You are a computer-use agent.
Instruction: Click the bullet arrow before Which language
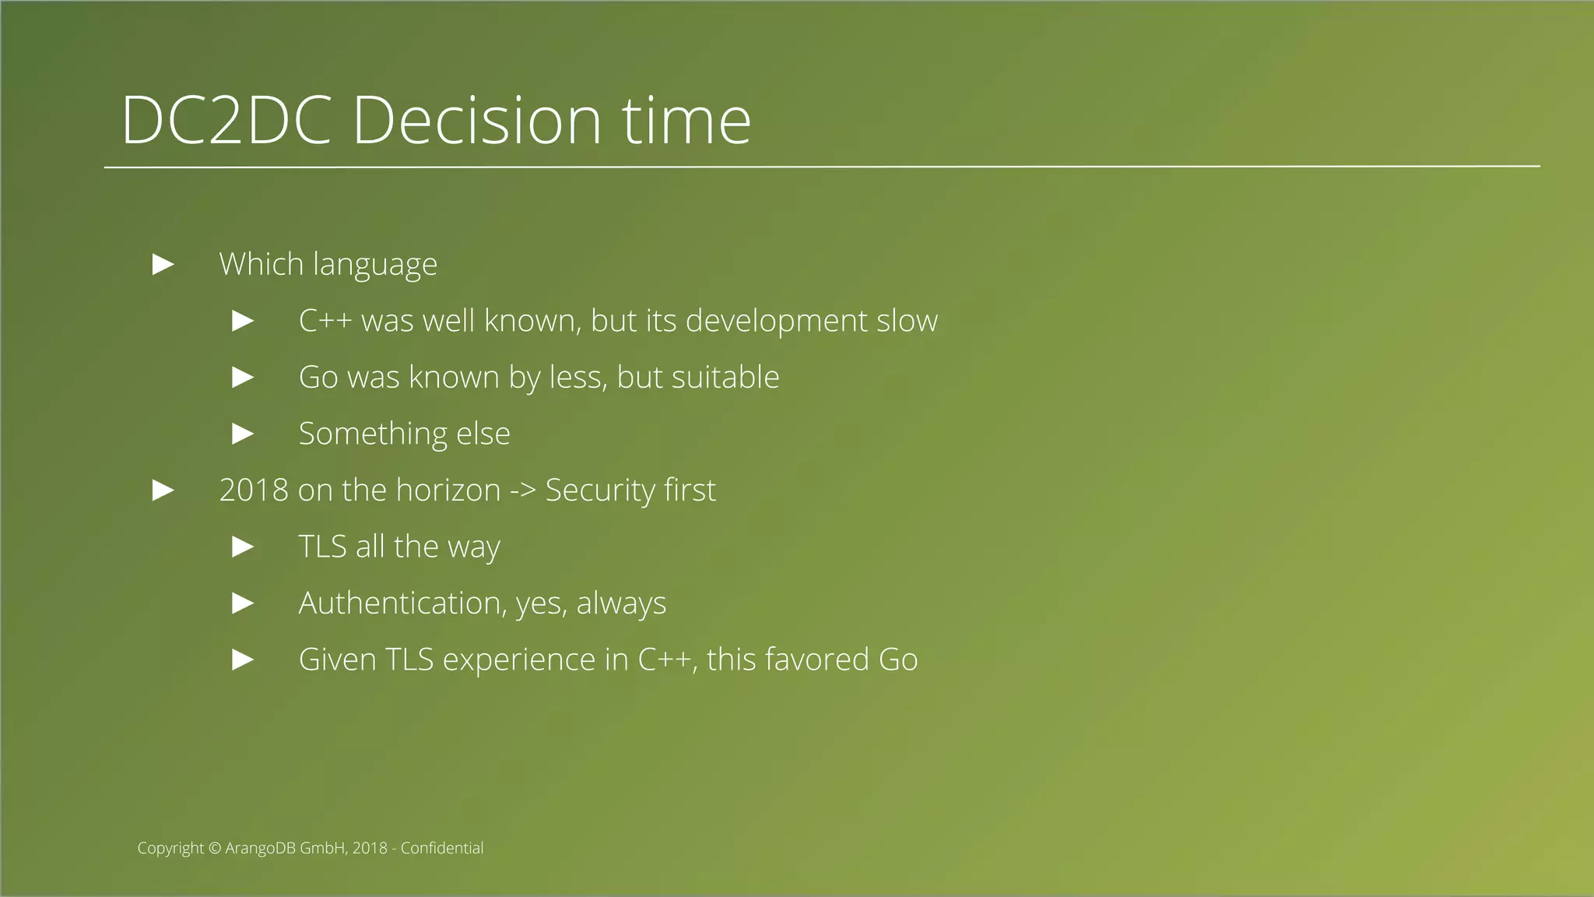(x=163, y=264)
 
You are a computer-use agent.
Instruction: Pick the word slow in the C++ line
(x=907, y=321)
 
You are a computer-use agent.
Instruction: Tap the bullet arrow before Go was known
(x=244, y=378)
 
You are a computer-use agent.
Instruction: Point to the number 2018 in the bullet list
(x=254, y=490)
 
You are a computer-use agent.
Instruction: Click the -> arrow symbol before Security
(x=522, y=491)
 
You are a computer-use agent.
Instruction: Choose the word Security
(x=600, y=490)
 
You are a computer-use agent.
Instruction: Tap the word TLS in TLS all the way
(x=322, y=547)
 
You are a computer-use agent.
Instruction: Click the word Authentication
(x=402, y=603)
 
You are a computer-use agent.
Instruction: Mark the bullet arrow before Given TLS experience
(x=244, y=660)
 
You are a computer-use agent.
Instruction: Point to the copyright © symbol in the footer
(x=215, y=848)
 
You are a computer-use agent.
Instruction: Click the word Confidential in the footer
(x=442, y=848)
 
